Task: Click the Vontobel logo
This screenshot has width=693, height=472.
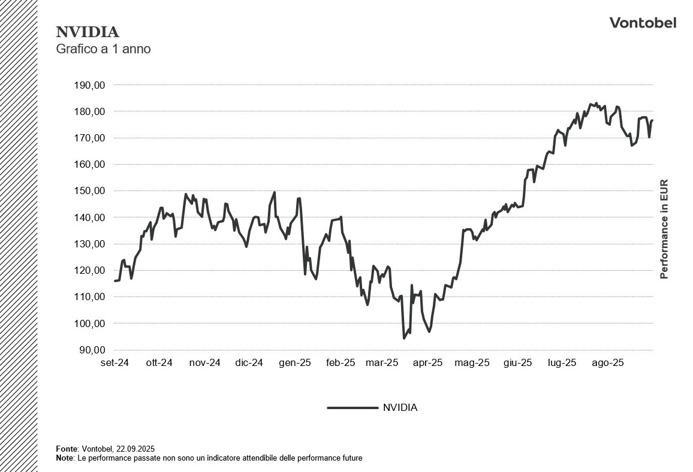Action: point(643,23)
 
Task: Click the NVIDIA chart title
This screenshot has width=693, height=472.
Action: point(88,32)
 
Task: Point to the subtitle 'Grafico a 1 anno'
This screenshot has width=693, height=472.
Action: point(103,49)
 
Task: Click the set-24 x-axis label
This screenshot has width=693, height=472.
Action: point(115,363)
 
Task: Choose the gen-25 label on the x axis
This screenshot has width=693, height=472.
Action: point(296,363)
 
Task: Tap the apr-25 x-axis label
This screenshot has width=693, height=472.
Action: point(428,363)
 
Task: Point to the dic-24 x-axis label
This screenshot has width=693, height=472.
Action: point(249,363)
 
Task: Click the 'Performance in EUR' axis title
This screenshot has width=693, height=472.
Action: point(664,229)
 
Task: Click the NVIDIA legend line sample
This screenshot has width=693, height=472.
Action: point(352,408)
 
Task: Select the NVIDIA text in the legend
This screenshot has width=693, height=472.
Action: point(400,408)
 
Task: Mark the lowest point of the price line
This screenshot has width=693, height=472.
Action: point(404,338)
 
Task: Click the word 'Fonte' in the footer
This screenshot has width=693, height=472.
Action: point(66,449)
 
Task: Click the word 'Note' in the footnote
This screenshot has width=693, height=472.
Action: point(64,458)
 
